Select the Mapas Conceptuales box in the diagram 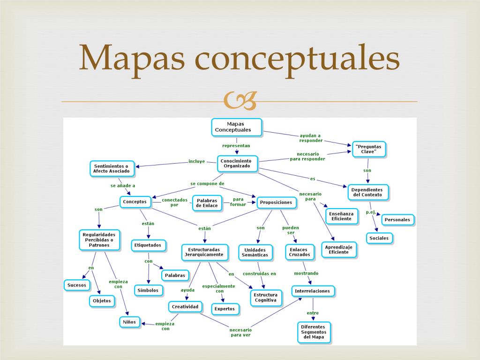236,127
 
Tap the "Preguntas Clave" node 369,149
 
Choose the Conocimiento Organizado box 237,163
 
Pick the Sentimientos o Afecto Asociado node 112,169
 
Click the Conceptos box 135,202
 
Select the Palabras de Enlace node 207,203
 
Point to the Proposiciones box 277,202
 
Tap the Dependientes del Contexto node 368,192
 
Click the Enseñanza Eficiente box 341,216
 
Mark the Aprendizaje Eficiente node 338,249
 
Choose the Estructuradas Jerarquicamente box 205,252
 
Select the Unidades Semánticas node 255,252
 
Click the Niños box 129,322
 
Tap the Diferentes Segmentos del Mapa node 314,332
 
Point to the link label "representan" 236,146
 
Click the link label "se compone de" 207,183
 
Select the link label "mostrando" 306,273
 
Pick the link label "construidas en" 259,274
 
